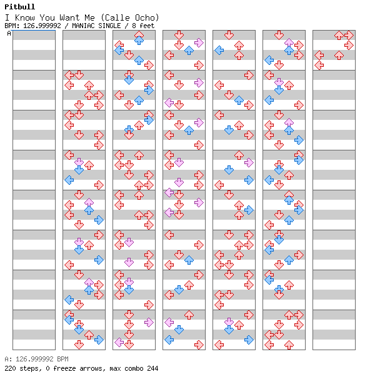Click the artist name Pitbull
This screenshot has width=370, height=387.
(20, 7)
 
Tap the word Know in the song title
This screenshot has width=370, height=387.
(24, 17)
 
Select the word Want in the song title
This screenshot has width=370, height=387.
(69, 17)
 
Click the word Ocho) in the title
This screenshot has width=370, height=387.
(147, 17)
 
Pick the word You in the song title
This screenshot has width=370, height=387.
(47, 17)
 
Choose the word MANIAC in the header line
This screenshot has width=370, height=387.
(82, 26)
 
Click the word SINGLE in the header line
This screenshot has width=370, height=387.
(109, 26)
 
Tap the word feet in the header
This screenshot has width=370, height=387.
(147, 26)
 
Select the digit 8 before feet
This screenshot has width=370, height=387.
(134, 26)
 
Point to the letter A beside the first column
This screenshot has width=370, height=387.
(9, 33)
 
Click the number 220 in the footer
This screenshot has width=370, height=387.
(10, 368)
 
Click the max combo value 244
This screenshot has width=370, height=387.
(152, 368)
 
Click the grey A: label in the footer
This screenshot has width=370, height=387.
(8, 359)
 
